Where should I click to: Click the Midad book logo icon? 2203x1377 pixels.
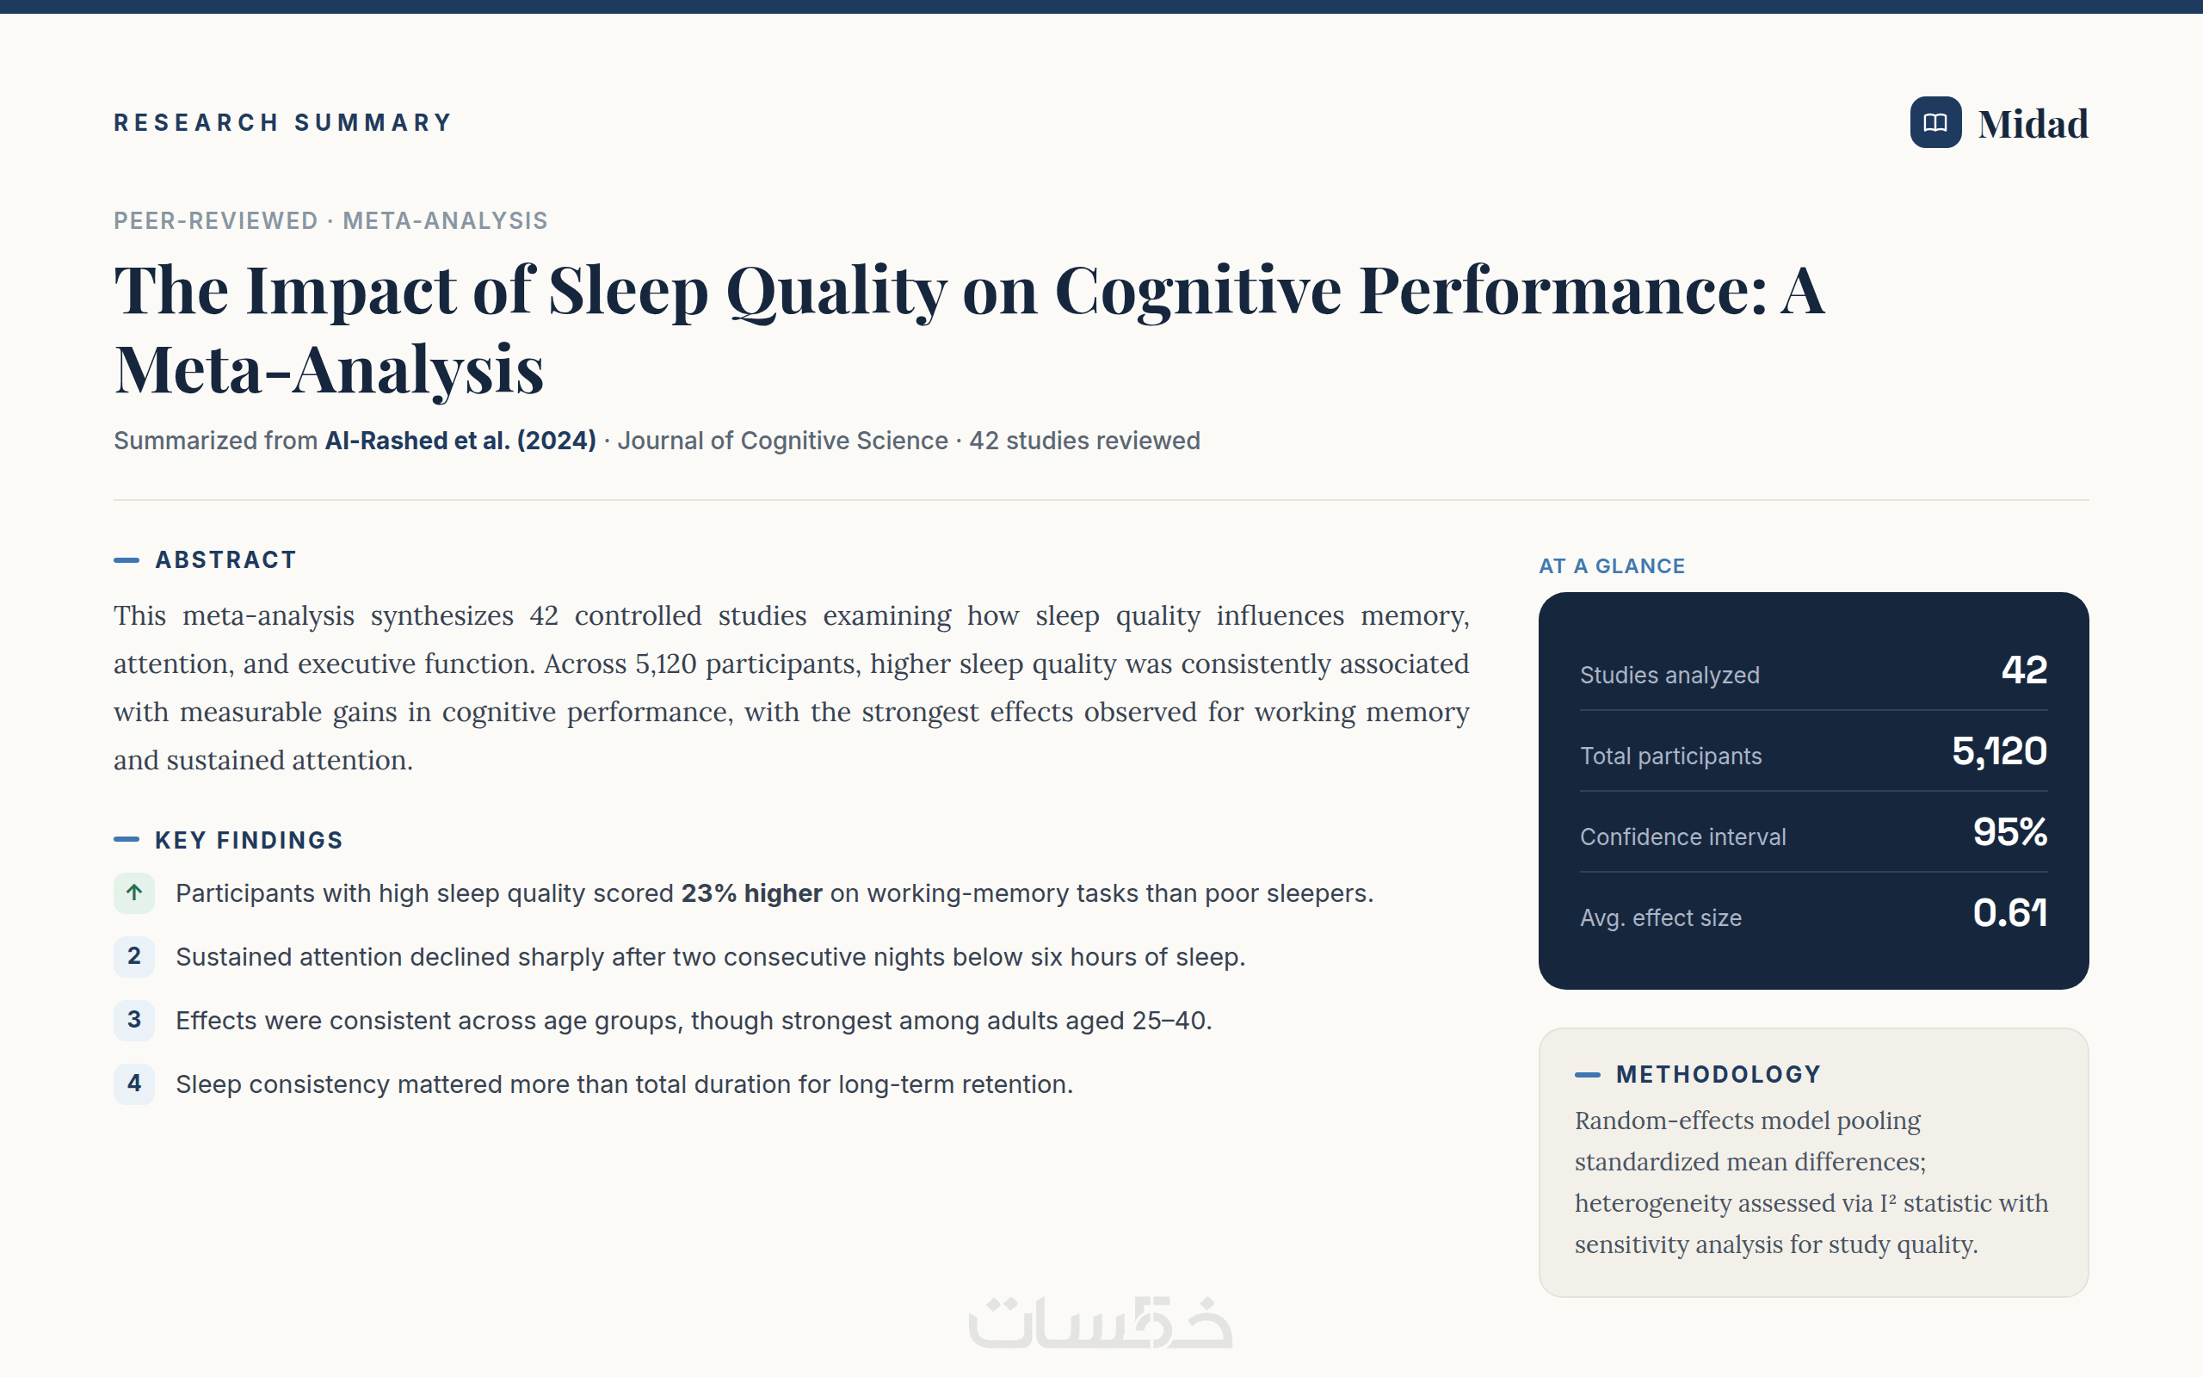pos(1935,122)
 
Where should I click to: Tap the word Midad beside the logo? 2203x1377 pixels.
pos(2033,124)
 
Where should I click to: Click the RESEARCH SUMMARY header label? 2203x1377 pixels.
pos(283,123)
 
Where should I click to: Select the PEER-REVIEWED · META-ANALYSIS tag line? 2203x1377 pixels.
pos(330,220)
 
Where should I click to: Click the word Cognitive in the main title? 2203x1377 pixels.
pos(1198,292)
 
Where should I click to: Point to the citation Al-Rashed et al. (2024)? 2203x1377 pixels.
pos(460,441)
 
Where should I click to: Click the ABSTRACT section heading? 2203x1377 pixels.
pos(225,560)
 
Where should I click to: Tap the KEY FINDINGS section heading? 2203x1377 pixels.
pos(249,840)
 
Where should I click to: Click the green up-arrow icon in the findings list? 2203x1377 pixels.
pos(134,892)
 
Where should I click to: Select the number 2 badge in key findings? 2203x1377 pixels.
pos(134,956)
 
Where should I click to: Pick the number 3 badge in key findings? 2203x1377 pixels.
pos(134,1020)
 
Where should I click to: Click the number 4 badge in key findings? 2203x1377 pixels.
pos(134,1084)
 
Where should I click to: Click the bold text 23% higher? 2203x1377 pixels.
pos(752,893)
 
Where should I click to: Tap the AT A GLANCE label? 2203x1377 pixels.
pos(1612,566)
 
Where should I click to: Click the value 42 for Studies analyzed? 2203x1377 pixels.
pos(2025,670)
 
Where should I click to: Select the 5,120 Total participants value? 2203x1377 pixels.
pos(1999,751)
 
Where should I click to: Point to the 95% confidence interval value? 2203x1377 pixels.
pos(2010,832)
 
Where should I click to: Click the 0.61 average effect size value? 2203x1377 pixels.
pos(2010,912)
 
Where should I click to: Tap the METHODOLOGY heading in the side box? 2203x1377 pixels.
pos(1719,1075)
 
